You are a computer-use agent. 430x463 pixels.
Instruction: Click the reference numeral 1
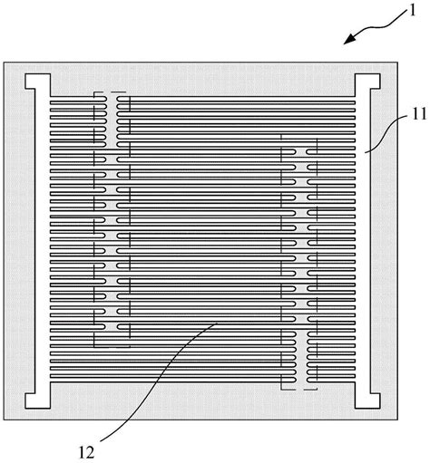click(412, 11)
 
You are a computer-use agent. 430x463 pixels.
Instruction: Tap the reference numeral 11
click(419, 114)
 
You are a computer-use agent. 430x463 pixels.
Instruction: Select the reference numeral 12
click(86, 453)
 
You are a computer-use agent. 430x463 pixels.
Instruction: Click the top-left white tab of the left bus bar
click(37, 82)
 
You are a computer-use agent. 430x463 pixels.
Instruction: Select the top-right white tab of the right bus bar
click(367, 82)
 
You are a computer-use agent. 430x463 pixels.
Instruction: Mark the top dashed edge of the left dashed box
click(111, 92)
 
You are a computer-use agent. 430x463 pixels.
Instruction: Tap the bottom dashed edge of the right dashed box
click(298, 390)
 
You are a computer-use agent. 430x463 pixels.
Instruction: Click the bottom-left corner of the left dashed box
click(94, 347)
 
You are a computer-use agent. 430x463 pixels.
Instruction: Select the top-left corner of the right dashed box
click(281, 135)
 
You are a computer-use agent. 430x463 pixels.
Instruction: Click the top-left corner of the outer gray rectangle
click(4, 63)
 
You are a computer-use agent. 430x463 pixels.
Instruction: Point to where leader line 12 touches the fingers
click(218, 323)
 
